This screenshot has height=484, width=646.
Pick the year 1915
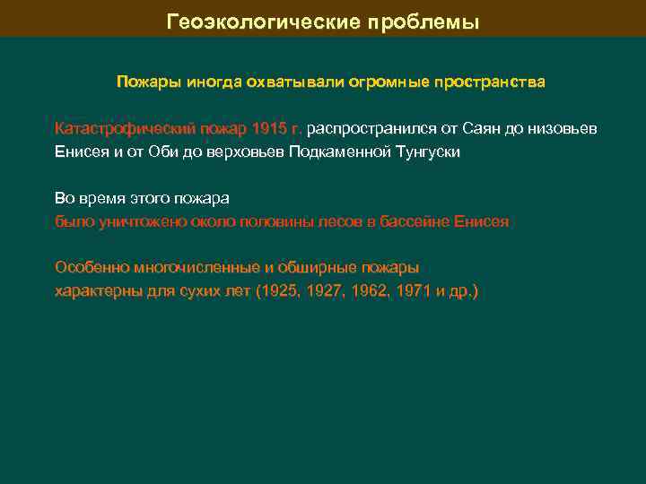tap(269, 128)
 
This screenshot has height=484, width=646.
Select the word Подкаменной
tap(342, 151)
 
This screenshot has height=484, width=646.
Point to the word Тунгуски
tap(427, 151)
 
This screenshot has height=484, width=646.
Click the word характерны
tap(92, 291)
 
